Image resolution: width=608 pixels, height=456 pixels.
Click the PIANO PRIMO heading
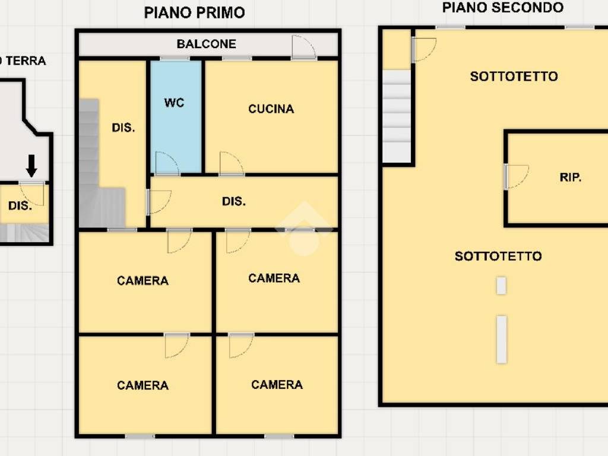coord(195,12)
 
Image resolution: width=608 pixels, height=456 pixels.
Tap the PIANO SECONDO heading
coord(503,8)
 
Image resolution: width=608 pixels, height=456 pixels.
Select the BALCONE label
coord(206,44)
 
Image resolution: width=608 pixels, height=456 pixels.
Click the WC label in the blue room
coord(174,103)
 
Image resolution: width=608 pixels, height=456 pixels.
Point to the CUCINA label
coord(271,109)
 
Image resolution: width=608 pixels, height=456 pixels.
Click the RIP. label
coord(571,178)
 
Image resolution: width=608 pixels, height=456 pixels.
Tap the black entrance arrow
coord(31,166)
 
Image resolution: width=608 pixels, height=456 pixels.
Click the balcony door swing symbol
coord(303,47)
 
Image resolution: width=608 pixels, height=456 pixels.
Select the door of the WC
coord(166,164)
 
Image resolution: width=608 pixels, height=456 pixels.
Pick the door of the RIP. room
coord(516,177)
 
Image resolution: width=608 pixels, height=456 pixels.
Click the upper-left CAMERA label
coord(142,281)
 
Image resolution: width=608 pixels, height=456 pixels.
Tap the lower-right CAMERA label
coord(277,385)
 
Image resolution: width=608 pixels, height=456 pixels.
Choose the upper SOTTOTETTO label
coord(514,77)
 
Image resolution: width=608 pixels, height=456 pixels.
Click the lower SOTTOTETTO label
coord(498,256)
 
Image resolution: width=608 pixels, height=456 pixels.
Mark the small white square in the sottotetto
coord(501,286)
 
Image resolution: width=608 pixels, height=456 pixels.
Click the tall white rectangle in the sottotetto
coord(502,339)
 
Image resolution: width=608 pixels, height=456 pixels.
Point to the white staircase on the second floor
coord(397,116)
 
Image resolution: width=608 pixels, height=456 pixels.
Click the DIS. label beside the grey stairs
coord(123,128)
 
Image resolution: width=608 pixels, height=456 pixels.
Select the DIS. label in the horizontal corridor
coord(234,202)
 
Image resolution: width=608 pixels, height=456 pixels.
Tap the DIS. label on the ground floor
coord(20,206)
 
